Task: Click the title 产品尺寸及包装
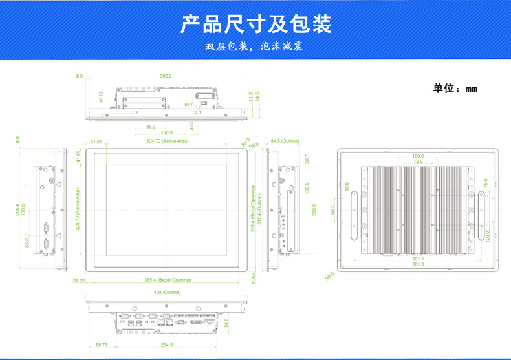(255, 24)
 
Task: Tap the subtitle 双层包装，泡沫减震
(254, 47)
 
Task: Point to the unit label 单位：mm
(455, 89)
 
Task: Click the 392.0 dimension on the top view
(166, 76)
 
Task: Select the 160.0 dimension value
(167, 132)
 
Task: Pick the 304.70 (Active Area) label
(167, 141)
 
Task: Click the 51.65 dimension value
(97, 142)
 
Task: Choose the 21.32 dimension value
(79, 281)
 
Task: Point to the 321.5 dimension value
(418, 259)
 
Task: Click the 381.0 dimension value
(418, 264)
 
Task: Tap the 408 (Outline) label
(167, 293)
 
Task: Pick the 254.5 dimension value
(167, 345)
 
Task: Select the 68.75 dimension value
(102, 345)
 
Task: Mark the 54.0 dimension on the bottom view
(227, 323)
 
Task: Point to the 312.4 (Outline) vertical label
(259, 209)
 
